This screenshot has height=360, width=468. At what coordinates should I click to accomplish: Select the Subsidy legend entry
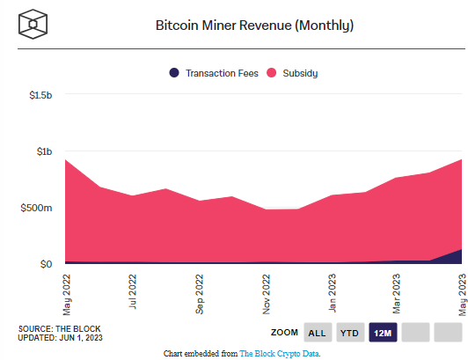tap(295, 73)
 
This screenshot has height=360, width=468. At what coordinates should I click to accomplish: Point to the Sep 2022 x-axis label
tap(201, 293)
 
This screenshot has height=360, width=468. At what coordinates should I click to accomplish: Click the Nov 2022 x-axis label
tap(267, 293)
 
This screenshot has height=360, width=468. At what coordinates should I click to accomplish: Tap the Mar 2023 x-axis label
tap(398, 293)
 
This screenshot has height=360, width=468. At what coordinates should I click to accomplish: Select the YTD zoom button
tap(350, 333)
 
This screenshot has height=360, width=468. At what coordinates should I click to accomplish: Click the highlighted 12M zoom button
tap(383, 333)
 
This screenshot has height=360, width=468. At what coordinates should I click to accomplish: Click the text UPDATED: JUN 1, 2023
tap(60, 338)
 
